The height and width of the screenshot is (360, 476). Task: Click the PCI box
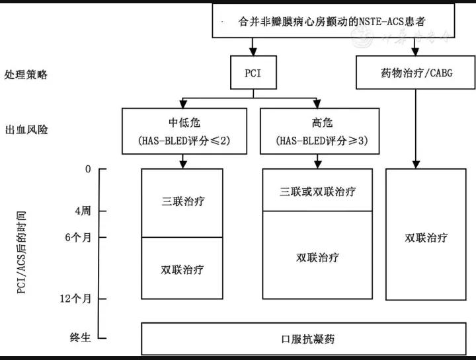point(252,73)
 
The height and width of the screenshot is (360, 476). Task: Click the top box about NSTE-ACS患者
point(334,20)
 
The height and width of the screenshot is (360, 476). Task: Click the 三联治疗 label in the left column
point(182,201)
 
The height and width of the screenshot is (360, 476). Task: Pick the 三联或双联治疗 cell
point(318,192)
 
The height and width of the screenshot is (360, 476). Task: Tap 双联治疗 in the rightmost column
point(426,237)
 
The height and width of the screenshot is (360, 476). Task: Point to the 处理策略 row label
point(26,73)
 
